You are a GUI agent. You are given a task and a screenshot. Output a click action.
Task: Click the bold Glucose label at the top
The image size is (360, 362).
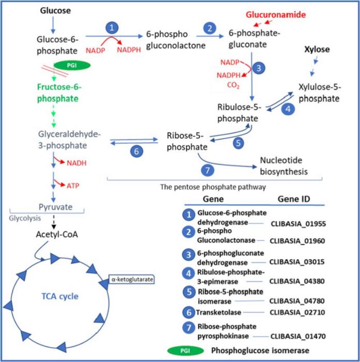pos(56,10)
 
